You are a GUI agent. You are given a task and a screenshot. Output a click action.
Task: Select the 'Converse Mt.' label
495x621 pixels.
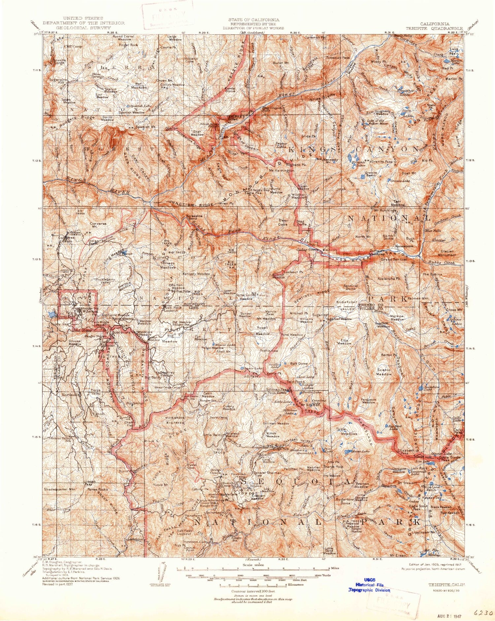click(x=98, y=225)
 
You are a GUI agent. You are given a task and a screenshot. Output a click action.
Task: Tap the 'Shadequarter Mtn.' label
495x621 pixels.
click(x=60, y=489)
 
